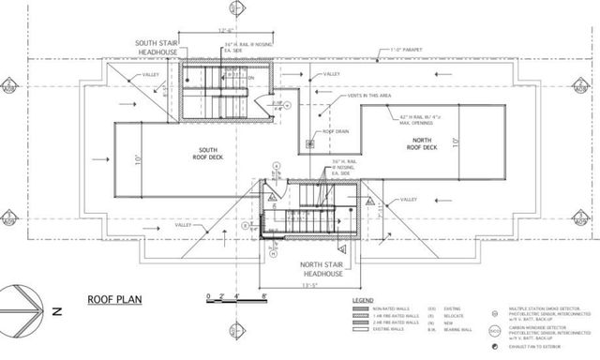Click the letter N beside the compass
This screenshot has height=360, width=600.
click(55, 309)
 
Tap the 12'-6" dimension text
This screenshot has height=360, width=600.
click(228, 29)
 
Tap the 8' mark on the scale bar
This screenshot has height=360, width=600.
click(267, 297)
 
